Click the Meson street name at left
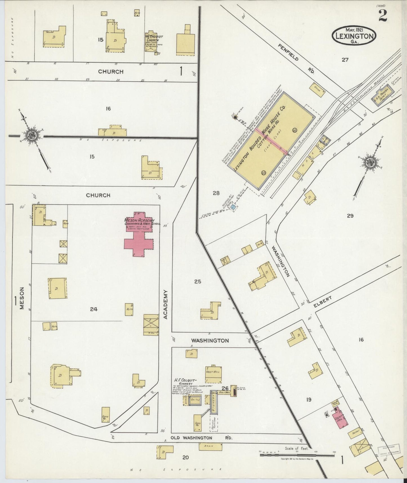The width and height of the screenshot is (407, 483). click(22, 298)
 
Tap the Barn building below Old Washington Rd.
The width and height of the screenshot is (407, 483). click(210, 446)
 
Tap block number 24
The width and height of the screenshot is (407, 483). click(94, 309)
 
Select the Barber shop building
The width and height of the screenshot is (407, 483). click(355, 434)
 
